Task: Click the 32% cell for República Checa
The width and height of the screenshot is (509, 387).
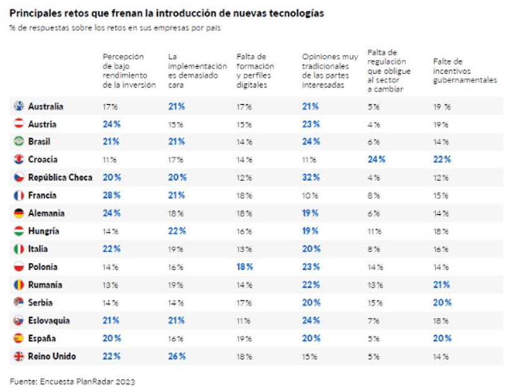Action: [311, 177]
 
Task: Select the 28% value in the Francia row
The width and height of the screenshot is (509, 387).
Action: [112, 195]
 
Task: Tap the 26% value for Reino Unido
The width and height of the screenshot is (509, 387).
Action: [177, 356]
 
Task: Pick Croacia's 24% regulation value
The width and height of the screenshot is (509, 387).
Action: [377, 160]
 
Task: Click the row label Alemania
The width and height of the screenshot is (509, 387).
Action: [46, 213]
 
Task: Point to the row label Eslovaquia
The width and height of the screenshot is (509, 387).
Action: [49, 321]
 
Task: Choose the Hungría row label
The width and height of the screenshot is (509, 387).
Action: [44, 232]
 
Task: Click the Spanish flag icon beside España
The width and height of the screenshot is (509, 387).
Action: [19, 338]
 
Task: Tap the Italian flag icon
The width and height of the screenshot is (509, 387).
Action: [19, 249]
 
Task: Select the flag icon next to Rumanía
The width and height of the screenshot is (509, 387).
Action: [19, 285]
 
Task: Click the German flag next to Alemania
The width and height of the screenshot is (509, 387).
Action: [19, 213]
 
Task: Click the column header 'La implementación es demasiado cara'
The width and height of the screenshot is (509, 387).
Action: [197, 71]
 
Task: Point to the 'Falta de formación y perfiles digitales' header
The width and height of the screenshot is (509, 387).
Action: [255, 71]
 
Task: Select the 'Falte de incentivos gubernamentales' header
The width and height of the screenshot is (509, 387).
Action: [465, 71]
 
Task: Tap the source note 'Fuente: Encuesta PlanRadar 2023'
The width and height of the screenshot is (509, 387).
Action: [72, 381]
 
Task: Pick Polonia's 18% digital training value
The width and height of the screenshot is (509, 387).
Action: [245, 267]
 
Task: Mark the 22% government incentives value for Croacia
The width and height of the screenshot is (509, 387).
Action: [442, 160]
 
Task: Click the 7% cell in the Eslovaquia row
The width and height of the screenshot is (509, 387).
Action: [374, 321]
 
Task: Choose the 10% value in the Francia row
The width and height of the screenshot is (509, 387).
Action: [310, 195]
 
